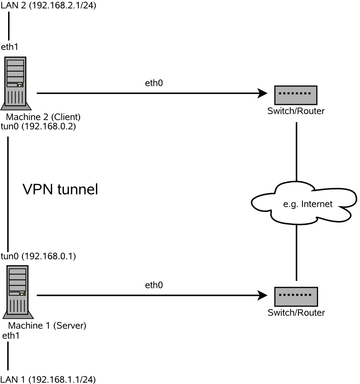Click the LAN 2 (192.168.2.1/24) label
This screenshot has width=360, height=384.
click(x=48, y=6)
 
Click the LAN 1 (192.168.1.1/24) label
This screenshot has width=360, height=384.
click(x=48, y=379)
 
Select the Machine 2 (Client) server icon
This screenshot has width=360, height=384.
click(x=16, y=83)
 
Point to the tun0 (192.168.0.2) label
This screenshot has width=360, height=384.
click(x=38, y=126)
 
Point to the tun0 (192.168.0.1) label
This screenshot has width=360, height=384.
click(x=38, y=257)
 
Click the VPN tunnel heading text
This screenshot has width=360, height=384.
click(x=60, y=190)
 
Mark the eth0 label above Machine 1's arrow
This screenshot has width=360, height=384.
click(x=154, y=285)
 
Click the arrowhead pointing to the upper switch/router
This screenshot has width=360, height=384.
click(x=262, y=94)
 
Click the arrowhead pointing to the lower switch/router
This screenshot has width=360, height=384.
click(x=262, y=296)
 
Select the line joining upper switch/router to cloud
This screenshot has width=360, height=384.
click(x=296, y=151)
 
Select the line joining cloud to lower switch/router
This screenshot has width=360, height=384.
click(x=296, y=252)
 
